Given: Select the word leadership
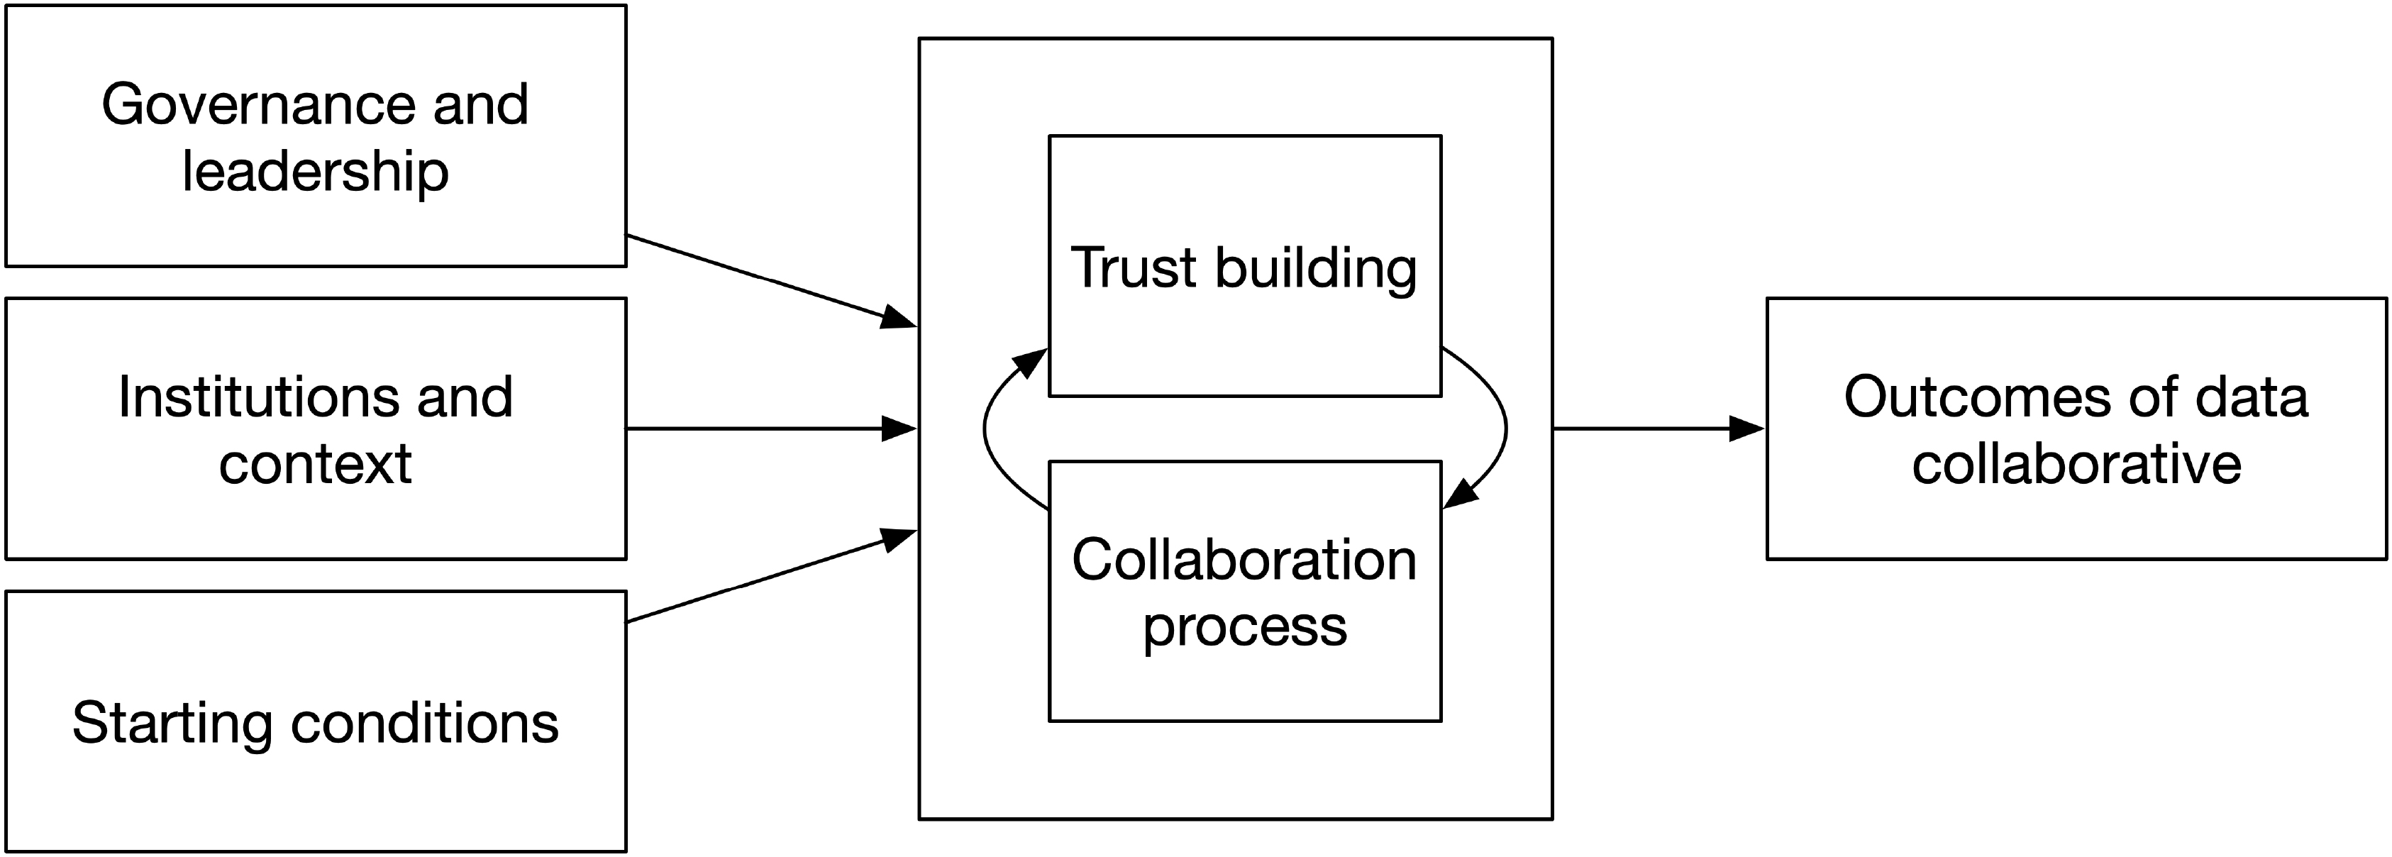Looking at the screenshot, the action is [x=315, y=172].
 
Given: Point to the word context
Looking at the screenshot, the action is [x=315, y=464].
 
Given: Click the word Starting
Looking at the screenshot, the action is [x=172, y=724].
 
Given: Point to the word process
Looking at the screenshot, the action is [x=1244, y=629].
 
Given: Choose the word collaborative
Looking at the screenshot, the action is [x=2076, y=464].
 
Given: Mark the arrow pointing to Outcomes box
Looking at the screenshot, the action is [x=1659, y=429].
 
